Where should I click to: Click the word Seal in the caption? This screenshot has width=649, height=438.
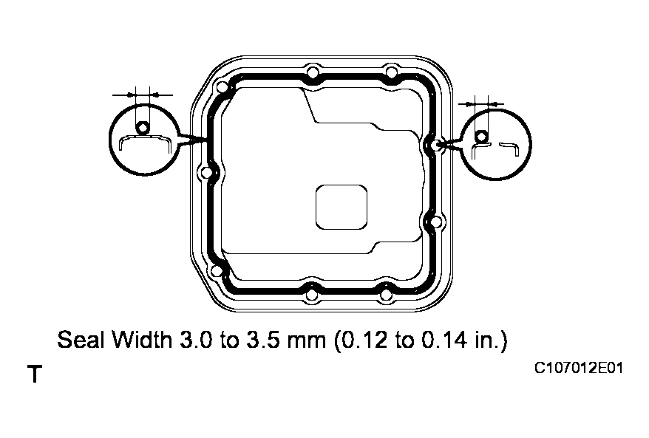pyautogui.click(x=81, y=340)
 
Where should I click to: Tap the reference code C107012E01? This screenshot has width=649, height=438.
pyautogui.click(x=579, y=368)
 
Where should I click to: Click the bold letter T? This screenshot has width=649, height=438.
pyautogui.click(x=35, y=374)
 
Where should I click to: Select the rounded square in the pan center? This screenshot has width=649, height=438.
pyautogui.click(x=342, y=208)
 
